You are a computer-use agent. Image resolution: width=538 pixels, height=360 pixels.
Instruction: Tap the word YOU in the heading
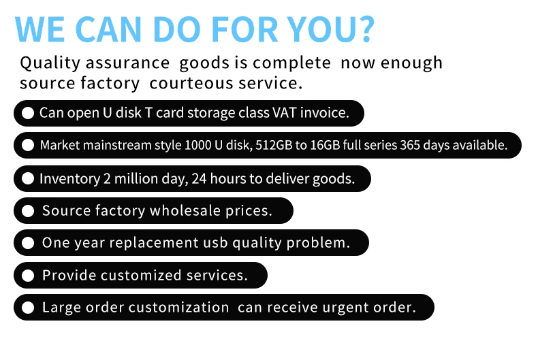(x=321, y=29)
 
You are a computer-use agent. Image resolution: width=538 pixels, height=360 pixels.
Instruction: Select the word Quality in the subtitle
(x=50, y=63)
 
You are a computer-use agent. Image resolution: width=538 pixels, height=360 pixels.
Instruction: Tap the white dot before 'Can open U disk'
(x=28, y=113)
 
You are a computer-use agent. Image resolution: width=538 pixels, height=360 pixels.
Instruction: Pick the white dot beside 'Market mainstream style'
(x=28, y=145)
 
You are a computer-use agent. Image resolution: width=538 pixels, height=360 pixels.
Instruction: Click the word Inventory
(x=69, y=179)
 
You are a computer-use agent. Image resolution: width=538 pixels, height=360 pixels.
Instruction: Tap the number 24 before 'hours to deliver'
(x=199, y=178)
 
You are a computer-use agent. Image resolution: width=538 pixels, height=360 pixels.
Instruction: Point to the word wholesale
(x=185, y=210)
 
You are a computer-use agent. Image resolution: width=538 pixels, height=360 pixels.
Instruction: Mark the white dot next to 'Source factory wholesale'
(x=28, y=211)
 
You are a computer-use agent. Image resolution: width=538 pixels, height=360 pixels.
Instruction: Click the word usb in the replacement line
(x=215, y=243)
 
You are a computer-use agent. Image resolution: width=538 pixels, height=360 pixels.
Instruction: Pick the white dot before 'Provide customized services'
(x=28, y=276)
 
